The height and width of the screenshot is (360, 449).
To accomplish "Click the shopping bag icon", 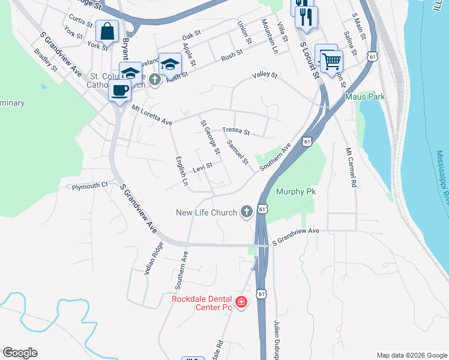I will (x=106, y=31).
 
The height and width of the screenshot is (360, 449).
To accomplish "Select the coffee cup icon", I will (x=119, y=91).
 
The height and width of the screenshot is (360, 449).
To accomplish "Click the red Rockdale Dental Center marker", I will (x=241, y=302).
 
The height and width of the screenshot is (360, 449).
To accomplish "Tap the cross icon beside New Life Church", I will (x=246, y=212).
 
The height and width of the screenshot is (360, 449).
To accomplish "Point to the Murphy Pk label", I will (x=295, y=192).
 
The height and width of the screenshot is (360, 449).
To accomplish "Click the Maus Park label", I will (x=364, y=96).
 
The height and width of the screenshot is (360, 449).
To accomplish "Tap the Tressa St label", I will (x=235, y=131).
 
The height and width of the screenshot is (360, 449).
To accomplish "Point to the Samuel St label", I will (x=237, y=152).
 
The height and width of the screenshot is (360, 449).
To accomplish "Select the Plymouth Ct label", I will (x=89, y=186).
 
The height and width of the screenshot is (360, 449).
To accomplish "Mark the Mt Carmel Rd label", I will (x=351, y=167).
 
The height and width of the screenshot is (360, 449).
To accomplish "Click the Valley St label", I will (x=264, y=76).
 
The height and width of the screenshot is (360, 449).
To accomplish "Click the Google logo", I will (x=20, y=353).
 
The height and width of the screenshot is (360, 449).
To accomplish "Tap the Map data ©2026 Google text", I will (x=411, y=355).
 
